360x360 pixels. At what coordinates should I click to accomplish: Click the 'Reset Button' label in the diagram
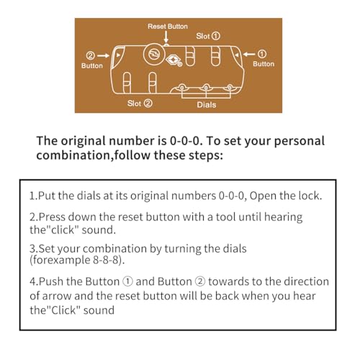click(168, 27)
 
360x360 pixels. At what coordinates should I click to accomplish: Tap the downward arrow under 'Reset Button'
click(166, 37)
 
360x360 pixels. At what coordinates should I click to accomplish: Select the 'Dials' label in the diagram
click(207, 105)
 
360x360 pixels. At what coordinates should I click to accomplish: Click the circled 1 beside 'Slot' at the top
click(216, 36)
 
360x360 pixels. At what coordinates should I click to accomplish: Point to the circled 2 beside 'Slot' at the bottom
click(148, 104)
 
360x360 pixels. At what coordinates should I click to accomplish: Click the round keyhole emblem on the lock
click(154, 54)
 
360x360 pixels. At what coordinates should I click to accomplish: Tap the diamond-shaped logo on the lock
click(172, 60)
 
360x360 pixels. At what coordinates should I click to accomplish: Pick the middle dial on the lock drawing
click(206, 88)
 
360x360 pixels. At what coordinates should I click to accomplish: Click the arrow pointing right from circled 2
click(103, 55)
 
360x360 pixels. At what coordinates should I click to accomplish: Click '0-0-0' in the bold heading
click(184, 141)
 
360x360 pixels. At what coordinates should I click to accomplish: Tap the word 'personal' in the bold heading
click(299, 141)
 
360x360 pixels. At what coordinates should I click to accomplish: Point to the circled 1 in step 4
click(127, 282)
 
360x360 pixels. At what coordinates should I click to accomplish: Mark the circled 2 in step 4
click(200, 282)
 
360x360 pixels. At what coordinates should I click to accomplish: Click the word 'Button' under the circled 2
click(92, 66)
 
